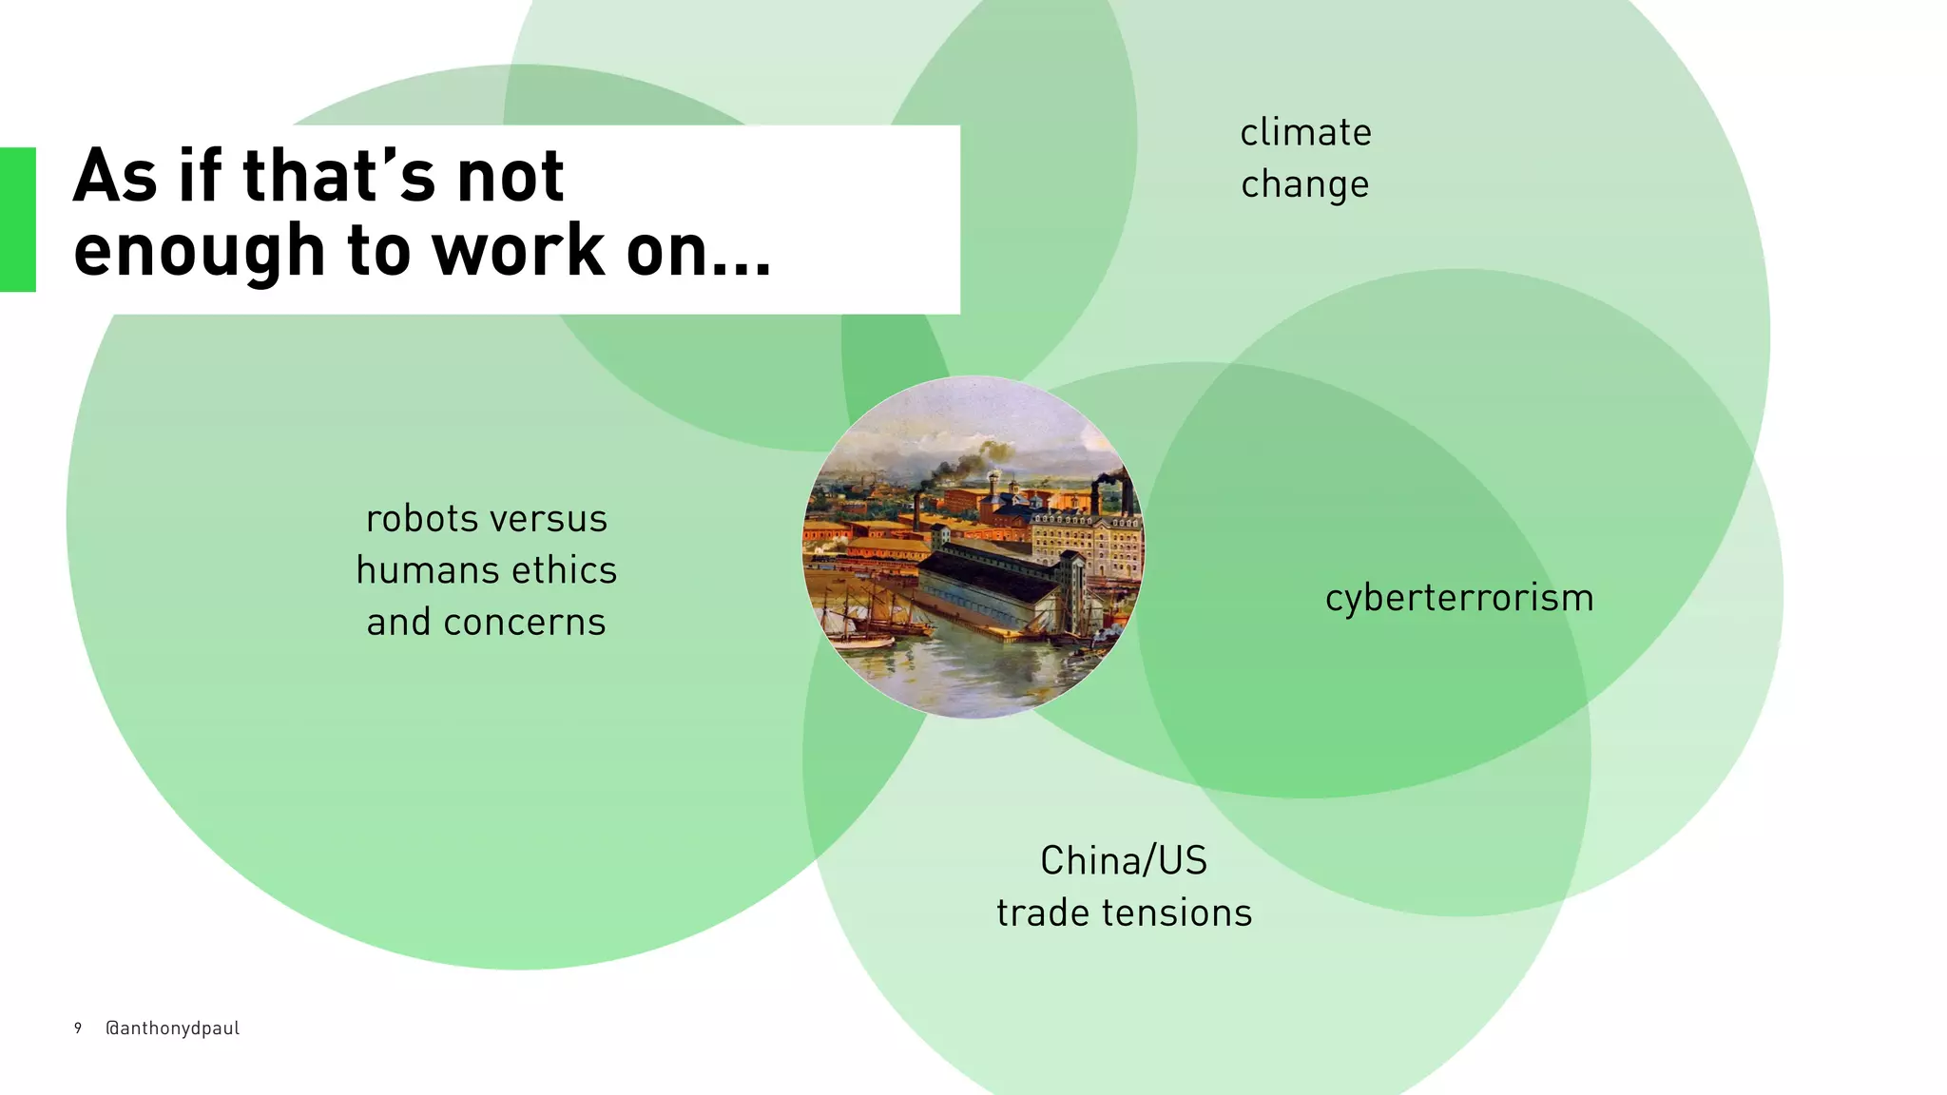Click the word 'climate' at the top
1305,133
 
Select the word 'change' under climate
1304,185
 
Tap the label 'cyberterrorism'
1459,599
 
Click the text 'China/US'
1124,861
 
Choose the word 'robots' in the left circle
422,520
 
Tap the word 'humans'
427,571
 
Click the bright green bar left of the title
18,220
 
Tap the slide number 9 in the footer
78,1028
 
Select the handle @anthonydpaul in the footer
172,1028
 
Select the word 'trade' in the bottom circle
1043,913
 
